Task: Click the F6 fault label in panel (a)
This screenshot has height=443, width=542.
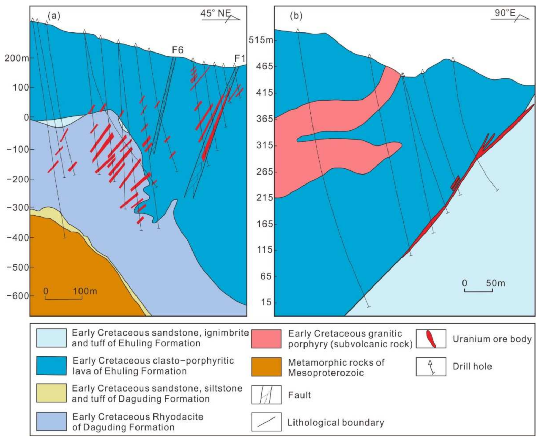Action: coord(177,50)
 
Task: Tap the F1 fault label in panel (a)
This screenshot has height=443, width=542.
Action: coord(240,58)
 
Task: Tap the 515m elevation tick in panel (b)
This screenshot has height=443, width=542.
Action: coord(261,40)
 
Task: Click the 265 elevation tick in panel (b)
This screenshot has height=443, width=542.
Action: coord(265,172)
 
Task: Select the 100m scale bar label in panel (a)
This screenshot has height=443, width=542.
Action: coord(85,291)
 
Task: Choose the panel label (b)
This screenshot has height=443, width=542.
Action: coord(296,16)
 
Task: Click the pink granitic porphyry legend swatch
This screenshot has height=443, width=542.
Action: coord(266,338)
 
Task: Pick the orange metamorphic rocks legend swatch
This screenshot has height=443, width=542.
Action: coord(266,367)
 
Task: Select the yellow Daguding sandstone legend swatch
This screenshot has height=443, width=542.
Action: coord(51,393)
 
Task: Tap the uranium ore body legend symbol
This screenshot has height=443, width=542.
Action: coord(431,339)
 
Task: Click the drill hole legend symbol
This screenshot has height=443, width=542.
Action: coord(431,367)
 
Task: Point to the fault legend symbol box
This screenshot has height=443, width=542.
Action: coord(266,395)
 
